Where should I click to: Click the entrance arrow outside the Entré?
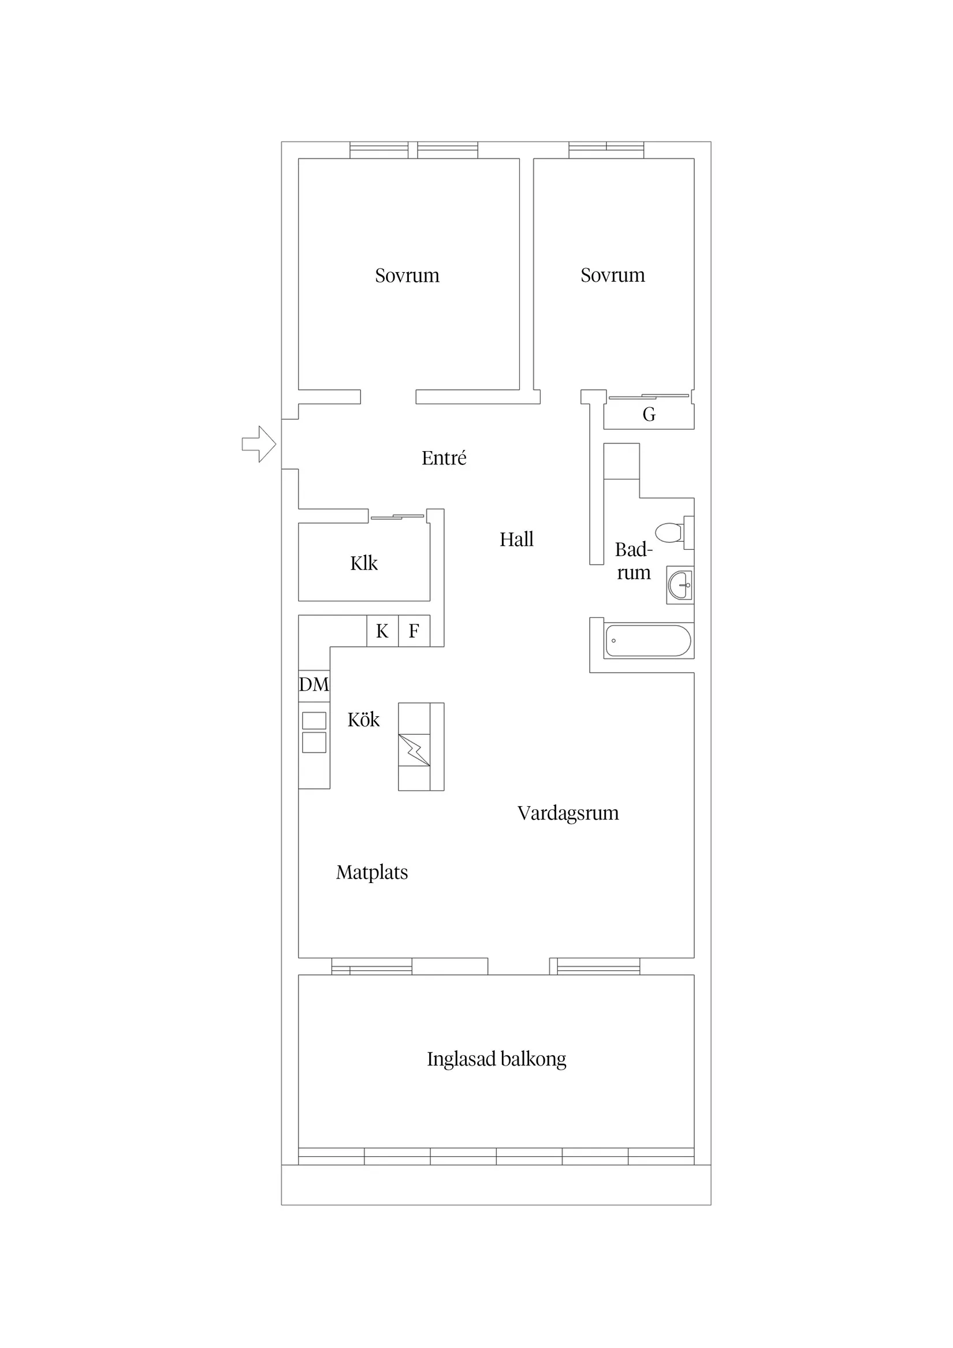259,444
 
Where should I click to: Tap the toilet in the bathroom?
669,533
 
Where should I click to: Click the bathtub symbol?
647,641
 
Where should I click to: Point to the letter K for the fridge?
382,631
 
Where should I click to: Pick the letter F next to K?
414,631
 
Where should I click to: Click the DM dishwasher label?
314,684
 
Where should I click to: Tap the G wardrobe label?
649,415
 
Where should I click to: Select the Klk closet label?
364,564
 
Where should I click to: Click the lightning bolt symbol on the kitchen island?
414,750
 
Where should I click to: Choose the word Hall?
516,539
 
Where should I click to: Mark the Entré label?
444,458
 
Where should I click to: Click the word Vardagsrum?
568,813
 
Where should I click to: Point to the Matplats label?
372,873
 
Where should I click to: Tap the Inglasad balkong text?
496,1059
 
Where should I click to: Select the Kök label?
363,720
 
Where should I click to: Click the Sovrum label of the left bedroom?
407,275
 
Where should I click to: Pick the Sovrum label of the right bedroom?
612,275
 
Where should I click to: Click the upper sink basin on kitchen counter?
314,720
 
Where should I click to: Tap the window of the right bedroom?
606,150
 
